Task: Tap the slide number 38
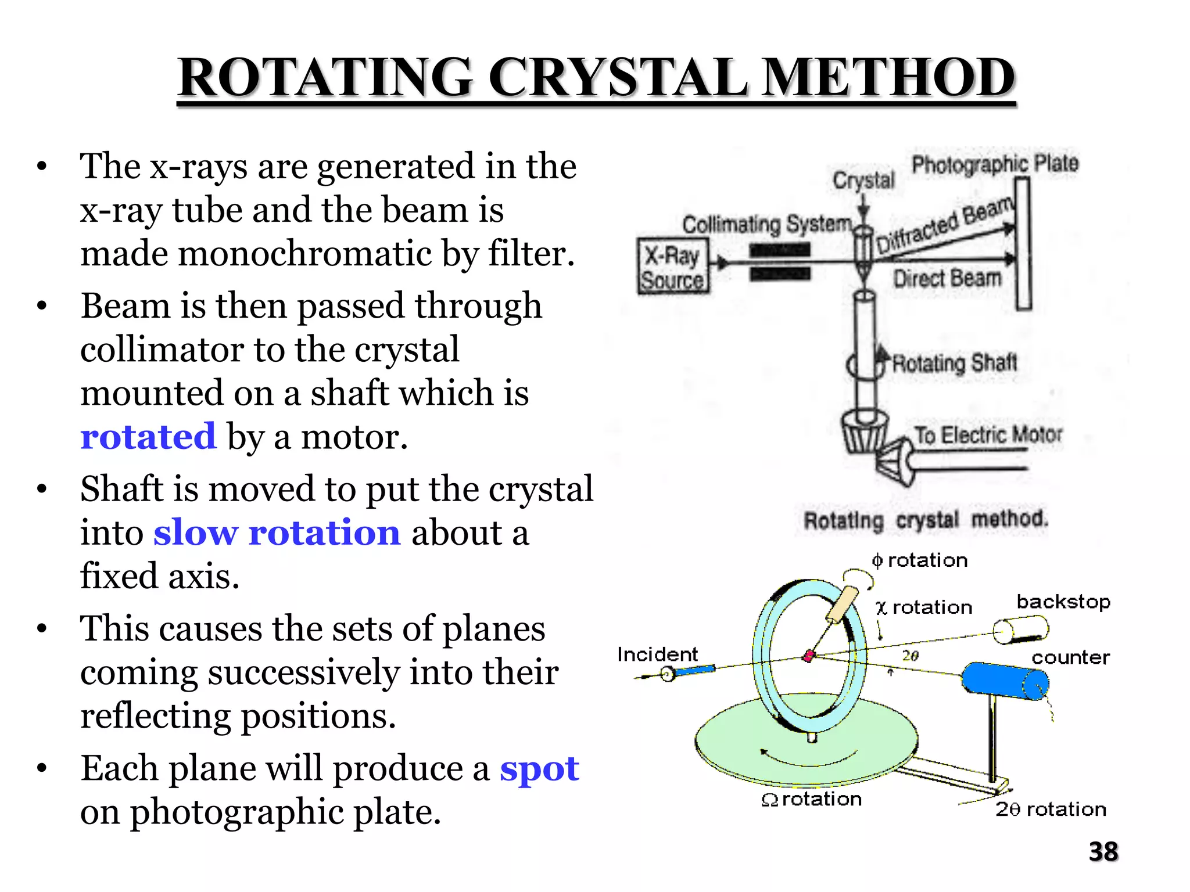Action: (x=1103, y=852)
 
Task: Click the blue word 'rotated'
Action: (x=148, y=437)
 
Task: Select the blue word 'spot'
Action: (x=539, y=769)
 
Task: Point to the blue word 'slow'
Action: (x=195, y=533)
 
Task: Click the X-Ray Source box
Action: (x=673, y=267)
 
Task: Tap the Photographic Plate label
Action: (x=994, y=164)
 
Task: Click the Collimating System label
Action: (x=766, y=224)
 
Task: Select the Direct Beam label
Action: (x=947, y=279)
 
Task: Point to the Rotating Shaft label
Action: (x=955, y=363)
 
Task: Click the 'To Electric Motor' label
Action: (x=988, y=434)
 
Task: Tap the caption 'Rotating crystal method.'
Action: (x=926, y=519)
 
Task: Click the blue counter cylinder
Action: (x=1005, y=680)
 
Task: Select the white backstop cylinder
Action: (x=1020, y=630)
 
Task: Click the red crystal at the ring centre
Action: (x=808, y=656)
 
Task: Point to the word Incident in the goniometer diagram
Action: (x=657, y=654)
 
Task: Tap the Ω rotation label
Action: (x=812, y=800)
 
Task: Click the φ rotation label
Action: (x=920, y=560)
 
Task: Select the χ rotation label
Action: (x=924, y=607)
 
